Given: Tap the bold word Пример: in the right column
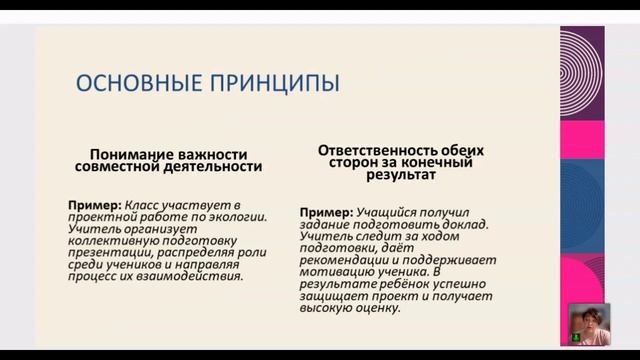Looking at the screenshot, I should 325,212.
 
